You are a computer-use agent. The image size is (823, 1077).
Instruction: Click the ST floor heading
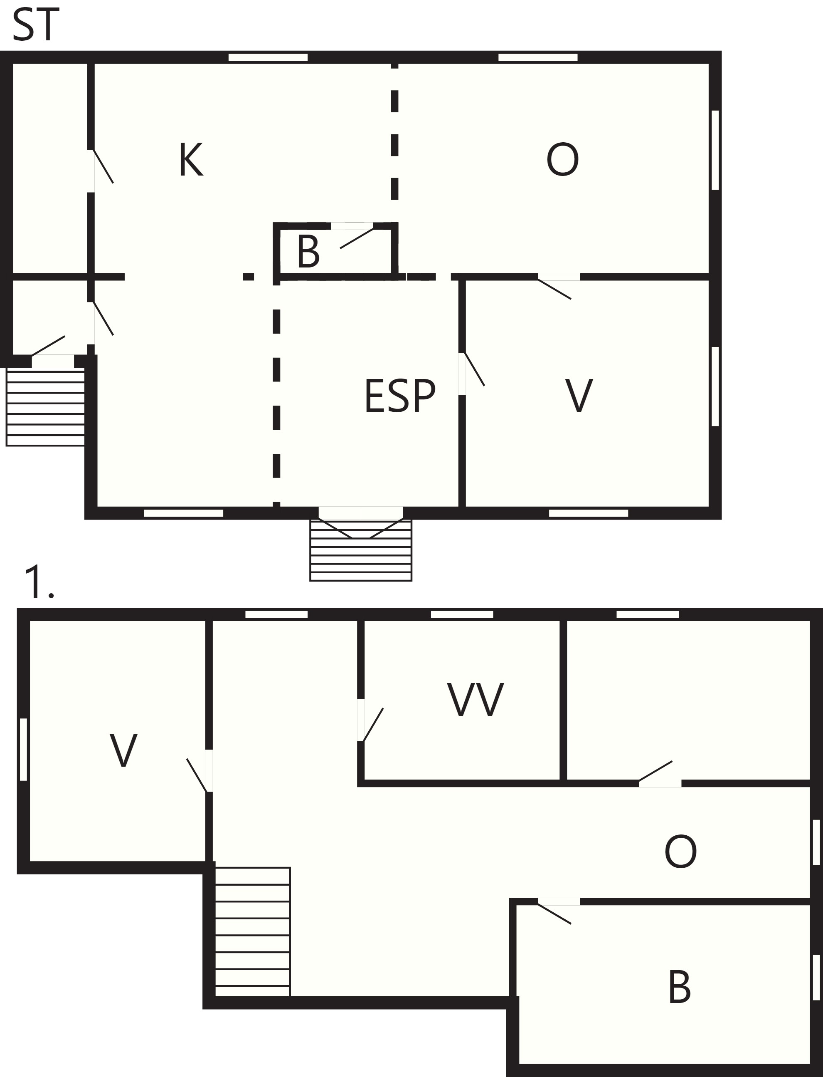[35, 25]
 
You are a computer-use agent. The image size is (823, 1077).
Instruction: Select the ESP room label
[400, 396]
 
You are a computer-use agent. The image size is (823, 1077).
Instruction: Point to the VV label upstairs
[475, 700]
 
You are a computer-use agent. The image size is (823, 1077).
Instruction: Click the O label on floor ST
[562, 159]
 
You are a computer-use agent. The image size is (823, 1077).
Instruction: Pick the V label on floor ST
[579, 396]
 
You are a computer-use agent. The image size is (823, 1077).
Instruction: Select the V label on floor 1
[123, 750]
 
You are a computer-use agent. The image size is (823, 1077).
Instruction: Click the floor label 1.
[39, 582]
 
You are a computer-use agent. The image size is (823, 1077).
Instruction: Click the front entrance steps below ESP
[360, 550]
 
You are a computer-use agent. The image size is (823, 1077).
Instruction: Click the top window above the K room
[268, 57]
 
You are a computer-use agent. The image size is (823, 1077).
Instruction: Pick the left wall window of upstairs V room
[23, 749]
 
